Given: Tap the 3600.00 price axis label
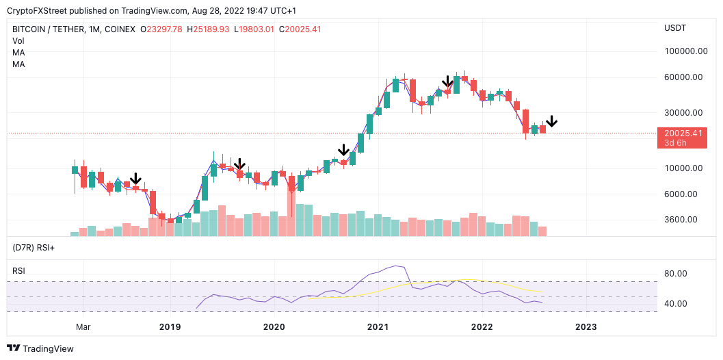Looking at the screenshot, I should tap(685, 220).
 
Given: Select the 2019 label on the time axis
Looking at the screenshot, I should tap(170, 327).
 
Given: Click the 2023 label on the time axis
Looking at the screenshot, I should tap(586, 327).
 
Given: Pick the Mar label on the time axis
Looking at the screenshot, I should tap(83, 327).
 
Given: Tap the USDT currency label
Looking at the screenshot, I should tap(674, 27).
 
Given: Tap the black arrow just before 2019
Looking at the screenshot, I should tap(135, 179).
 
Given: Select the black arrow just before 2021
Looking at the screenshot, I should tap(343, 150).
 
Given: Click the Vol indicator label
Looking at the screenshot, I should tap(18, 41).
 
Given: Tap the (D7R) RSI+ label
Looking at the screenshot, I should tap(34, 247).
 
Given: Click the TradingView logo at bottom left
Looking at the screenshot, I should tap(40, 348).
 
